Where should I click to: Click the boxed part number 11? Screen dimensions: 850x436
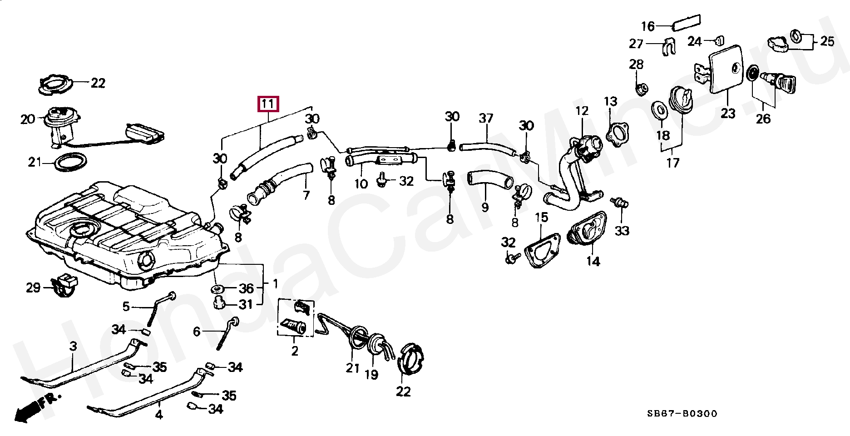click(268, 104)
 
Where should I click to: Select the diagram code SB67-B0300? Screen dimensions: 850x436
click(682, 413)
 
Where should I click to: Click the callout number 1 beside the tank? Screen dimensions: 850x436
click(275, 284)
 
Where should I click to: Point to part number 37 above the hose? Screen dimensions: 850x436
click(486, 119)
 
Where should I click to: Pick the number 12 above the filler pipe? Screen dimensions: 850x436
click(582, 111)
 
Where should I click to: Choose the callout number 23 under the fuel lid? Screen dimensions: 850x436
click(727, 113)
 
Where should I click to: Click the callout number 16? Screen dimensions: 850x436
click(647, 26)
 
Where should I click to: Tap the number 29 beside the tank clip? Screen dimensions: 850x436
click(33, 287)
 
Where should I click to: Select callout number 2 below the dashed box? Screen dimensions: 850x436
click(295, 351)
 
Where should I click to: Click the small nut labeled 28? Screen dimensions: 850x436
click(640, 89)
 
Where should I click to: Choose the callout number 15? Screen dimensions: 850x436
click(541, 218)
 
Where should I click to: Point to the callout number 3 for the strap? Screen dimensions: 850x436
click(73, 346)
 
